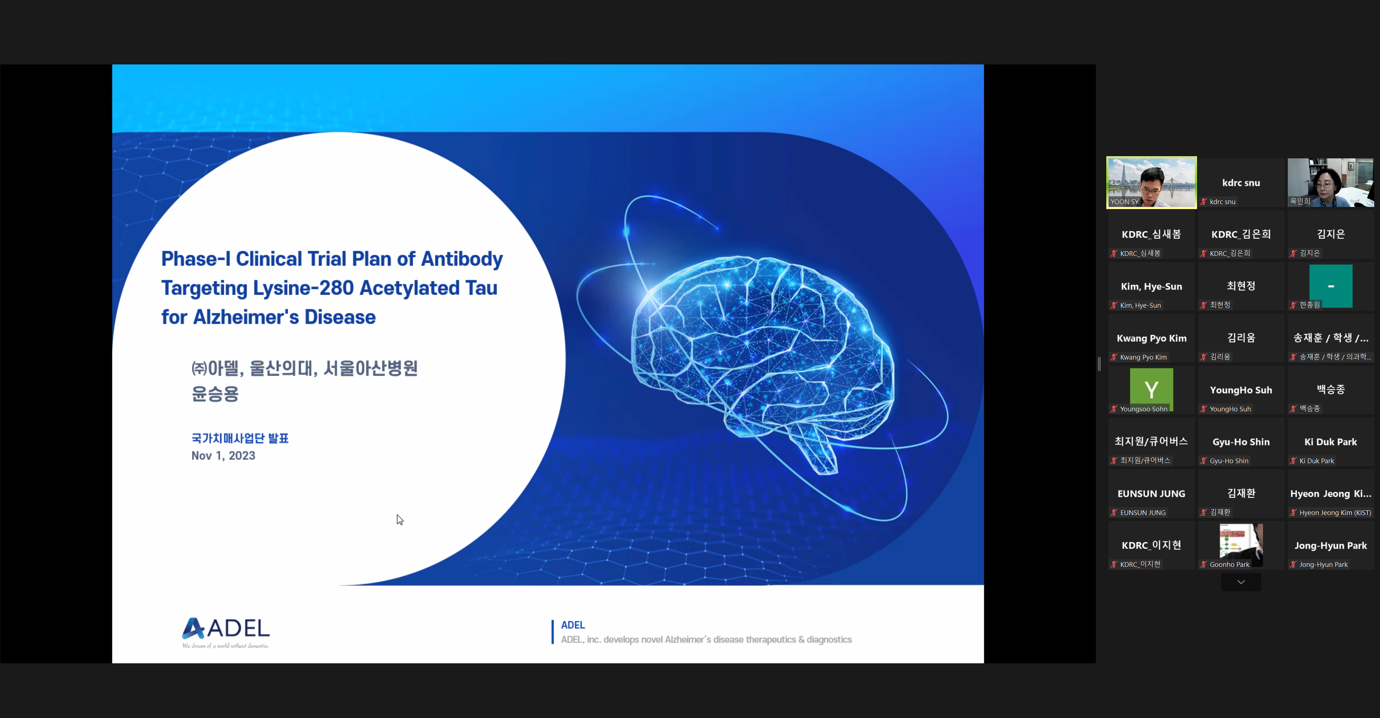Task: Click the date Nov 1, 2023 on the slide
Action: click(x=223, y=456)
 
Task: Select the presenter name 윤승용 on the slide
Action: click(x=215, y=394)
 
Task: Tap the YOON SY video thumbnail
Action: click(x=1151, y=182)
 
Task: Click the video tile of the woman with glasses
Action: click(x=1331, y=182)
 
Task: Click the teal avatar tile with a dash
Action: click(x=1331, y=286)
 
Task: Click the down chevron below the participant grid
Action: click(x=1241, y=582)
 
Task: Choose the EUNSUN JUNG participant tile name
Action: click(x=1151, y=494)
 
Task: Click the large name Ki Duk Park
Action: click(x=1331, y=442)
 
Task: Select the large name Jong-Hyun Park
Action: click(x=1331, y=546)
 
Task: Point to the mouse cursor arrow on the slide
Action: click(x=400, y=520)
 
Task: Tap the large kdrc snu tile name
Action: click(x=1241, y=182)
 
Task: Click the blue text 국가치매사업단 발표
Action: click(x=240, y=438)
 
